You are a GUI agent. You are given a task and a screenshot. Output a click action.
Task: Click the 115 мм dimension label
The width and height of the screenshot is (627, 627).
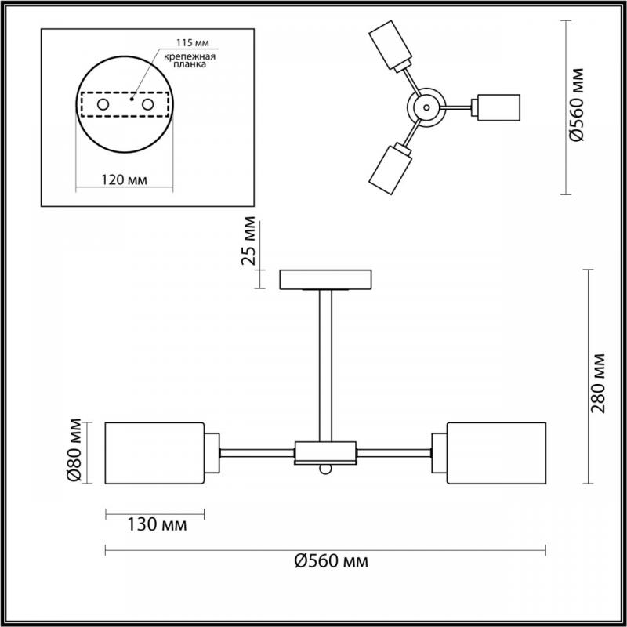(193, 43)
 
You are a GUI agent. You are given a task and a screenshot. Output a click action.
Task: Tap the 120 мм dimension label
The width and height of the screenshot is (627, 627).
(124, 180)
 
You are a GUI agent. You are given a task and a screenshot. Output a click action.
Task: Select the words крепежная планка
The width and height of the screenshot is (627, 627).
(190, 60)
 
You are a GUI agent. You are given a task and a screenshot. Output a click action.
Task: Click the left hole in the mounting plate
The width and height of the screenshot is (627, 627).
(103, 105)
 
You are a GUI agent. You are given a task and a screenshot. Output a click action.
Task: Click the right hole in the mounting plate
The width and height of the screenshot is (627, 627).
(147, 105)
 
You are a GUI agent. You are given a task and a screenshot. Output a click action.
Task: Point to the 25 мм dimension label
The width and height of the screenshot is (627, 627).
(248, 241)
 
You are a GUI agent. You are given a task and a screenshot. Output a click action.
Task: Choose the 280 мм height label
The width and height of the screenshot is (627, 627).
(598, 383)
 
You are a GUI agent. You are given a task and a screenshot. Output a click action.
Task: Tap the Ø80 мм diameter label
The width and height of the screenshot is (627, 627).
(74, 450)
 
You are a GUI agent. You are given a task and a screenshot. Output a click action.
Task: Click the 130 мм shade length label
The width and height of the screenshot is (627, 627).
(157, 524)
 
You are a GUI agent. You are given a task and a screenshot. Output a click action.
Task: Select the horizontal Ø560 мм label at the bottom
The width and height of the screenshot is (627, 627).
(332, 561)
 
